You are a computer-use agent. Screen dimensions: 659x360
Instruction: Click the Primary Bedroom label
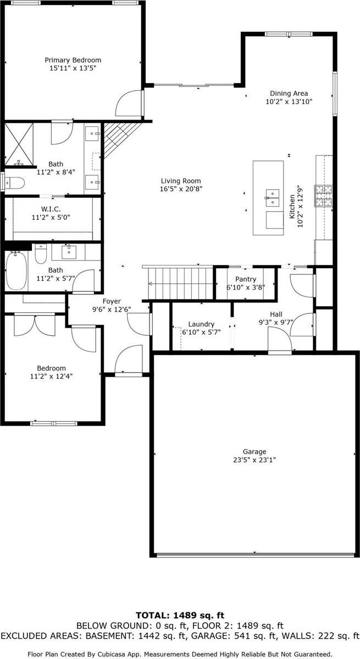73,60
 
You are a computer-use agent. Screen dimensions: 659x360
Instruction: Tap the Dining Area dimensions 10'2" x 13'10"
289,102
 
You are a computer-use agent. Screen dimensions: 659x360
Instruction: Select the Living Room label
180,181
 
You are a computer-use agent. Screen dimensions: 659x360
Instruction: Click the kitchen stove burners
323,195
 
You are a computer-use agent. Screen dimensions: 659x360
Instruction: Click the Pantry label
245,279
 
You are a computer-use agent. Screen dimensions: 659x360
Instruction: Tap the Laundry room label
201,324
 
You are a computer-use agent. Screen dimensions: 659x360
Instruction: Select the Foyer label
110,301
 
